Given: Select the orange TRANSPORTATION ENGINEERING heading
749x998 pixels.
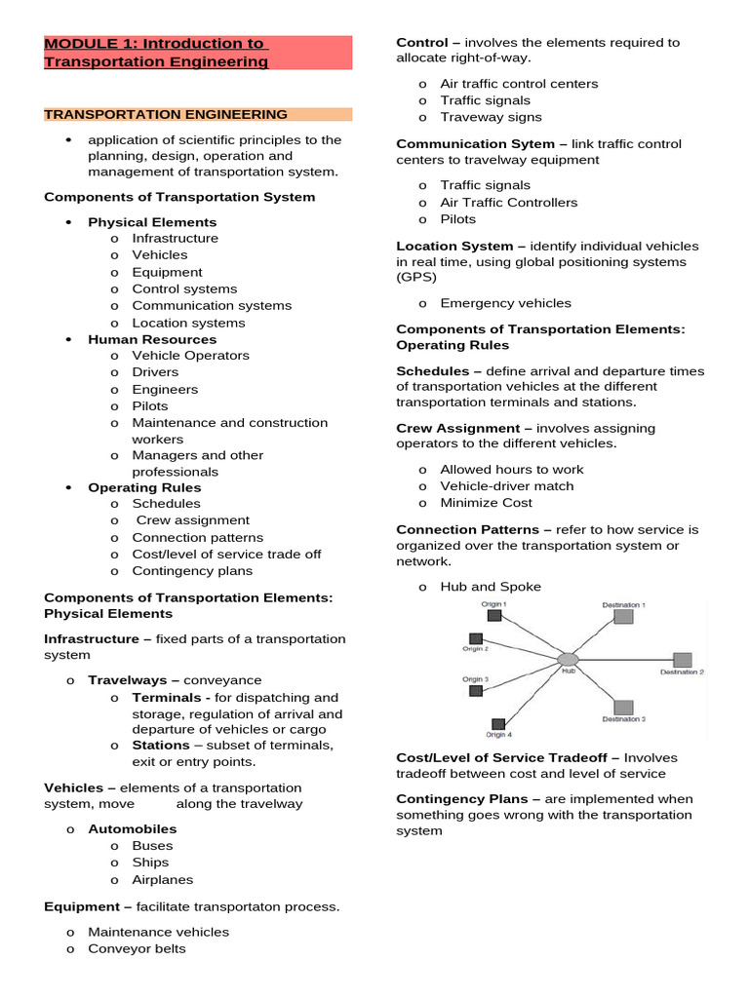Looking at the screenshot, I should (x=166, y=114).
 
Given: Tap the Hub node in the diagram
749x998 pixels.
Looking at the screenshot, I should (x=568, y=660).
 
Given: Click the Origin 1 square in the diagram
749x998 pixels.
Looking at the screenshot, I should (x=494, y=615).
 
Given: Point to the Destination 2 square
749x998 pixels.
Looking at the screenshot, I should (x=682, y=660).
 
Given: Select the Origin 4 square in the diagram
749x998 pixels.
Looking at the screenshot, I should (x=498, y=724).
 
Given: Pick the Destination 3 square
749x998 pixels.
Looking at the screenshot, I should (x=623, y=707).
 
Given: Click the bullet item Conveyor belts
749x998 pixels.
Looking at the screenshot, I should (x=137, y=948).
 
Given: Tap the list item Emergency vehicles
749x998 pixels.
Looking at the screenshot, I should (x=505, y=303).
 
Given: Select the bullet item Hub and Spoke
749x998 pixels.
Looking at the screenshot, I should (x=490, y=587).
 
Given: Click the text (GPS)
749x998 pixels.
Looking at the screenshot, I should (x=416, y=277).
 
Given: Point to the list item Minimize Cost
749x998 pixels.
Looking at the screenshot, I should (x=486, y=503).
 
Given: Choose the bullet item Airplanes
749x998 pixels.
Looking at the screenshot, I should (x=163, y=879).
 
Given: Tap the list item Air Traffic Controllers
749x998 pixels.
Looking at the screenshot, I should (x=508, y=202).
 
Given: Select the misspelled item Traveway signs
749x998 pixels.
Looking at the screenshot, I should (x=491, y=117).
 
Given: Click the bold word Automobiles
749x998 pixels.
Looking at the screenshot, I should (x=133, y=828).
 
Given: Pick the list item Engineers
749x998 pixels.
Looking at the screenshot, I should (x=165, y=389).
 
